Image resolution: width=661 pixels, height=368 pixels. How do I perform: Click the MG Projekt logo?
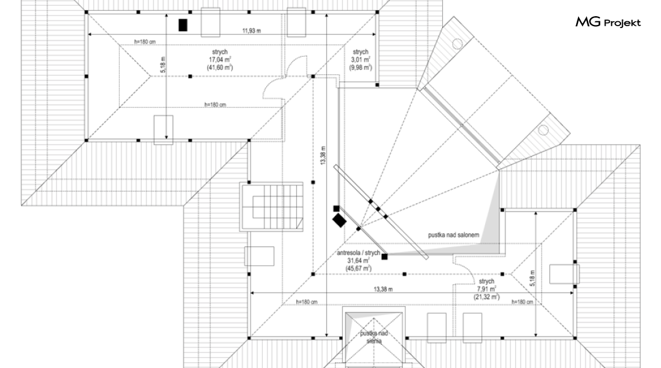[608, 23]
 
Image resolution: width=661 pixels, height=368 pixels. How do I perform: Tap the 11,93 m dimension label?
[251, 29]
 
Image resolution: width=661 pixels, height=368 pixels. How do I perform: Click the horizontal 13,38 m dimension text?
[383, 289]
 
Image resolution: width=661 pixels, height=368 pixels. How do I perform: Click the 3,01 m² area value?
[361, 60]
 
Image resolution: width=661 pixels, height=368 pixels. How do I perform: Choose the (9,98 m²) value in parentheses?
[361, 67]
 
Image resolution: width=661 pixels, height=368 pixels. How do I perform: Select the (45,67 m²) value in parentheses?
[359, 268]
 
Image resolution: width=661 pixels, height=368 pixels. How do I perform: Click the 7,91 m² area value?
[486, 289]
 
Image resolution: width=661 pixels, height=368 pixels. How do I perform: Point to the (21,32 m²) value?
[486, 297]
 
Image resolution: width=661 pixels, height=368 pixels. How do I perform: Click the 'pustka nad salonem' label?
[453, 235]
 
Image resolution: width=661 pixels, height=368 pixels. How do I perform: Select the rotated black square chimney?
[340, 220]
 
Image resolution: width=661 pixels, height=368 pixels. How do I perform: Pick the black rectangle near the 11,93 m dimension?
[183, 25]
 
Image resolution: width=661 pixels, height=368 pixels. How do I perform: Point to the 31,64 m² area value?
[359, 260]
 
